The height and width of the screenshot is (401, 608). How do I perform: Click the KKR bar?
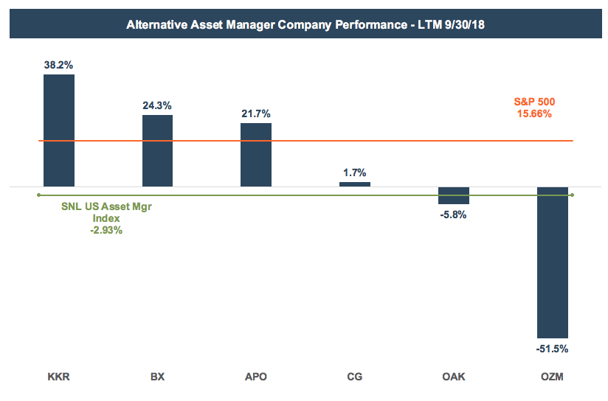pos(59,130)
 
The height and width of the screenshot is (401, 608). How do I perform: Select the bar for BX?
pos(157,150)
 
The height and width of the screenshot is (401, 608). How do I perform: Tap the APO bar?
pos(256,154)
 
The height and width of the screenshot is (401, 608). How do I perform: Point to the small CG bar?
pos(355,184)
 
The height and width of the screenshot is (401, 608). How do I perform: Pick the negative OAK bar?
pos(454,195)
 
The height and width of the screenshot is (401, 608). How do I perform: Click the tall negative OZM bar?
pos(553,262)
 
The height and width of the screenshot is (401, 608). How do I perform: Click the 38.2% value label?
pos(59,65)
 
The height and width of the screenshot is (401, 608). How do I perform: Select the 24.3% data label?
pos(157,105)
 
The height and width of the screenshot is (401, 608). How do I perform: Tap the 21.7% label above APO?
pos(256,114)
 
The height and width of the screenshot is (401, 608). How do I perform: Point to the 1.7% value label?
pos(355,172)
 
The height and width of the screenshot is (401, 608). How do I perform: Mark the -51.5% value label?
pos(553,349)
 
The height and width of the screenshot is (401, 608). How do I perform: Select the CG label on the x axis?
pos(355,377)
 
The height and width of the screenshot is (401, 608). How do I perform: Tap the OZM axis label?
pos(553,377)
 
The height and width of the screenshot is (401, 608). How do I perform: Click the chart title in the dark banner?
pos(305,24)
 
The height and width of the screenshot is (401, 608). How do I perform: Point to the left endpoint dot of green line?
pos(38,195)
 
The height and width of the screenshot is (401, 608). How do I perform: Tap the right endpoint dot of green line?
pos(573,195)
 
